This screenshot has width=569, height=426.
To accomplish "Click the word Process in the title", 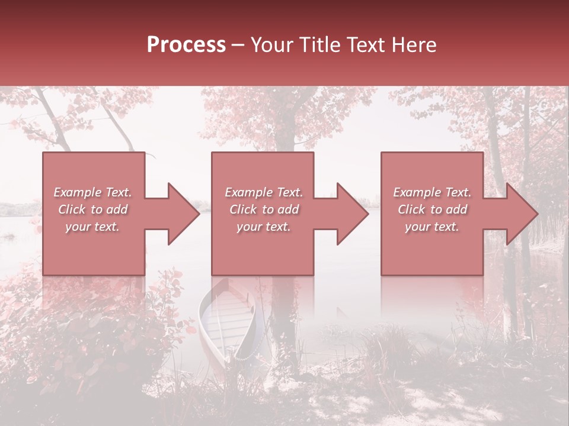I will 186,45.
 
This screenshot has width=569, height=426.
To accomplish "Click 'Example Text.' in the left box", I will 93,192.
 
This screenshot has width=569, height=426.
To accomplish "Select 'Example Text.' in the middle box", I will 264,192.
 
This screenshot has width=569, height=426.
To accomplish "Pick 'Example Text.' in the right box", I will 432,192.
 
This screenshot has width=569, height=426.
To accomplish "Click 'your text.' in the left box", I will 92,227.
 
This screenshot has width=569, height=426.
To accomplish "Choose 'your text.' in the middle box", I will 263,227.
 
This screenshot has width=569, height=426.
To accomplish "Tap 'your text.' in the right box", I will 431,227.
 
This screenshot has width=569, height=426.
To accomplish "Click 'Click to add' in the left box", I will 93,209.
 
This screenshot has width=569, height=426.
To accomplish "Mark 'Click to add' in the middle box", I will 264,209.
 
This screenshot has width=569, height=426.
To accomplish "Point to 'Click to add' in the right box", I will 432,209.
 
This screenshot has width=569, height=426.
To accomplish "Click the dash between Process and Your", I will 238,46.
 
